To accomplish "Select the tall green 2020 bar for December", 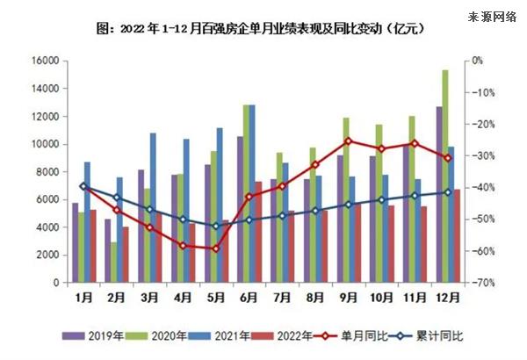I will [445, 176].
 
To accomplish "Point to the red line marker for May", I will [215, 248].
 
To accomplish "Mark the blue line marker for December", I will [448, 192].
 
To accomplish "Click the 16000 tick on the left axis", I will [46, 61].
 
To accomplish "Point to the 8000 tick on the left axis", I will [48, 172].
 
